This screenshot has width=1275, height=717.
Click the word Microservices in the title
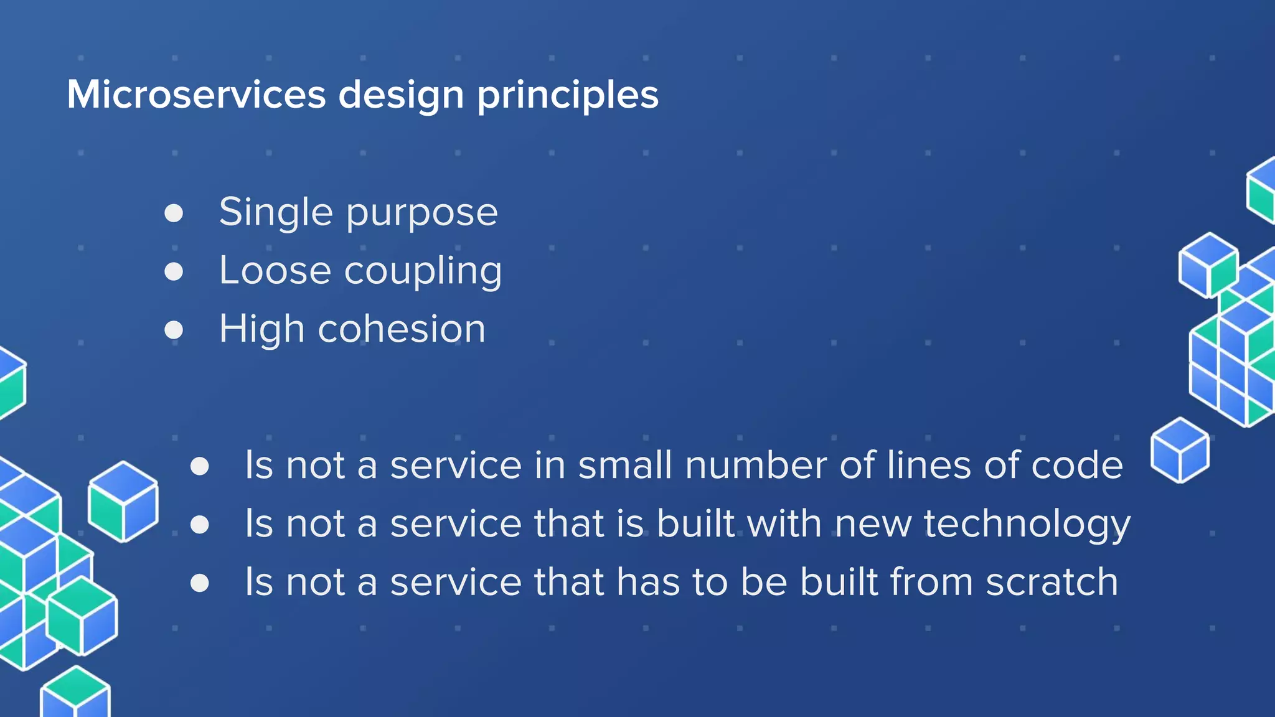point(196,95)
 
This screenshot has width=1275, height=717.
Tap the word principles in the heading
point(567,96)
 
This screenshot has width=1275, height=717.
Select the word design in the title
point(401,96)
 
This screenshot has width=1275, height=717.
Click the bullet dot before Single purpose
point(174,213)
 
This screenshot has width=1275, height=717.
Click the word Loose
point(275,271)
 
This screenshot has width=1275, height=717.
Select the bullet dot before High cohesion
point(174,329)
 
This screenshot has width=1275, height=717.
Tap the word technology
point(1027,525)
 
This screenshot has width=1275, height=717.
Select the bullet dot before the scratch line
point(200,583)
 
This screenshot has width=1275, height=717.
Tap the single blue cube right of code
point(1180,450)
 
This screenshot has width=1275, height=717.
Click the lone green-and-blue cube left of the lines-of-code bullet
point(123,501)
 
